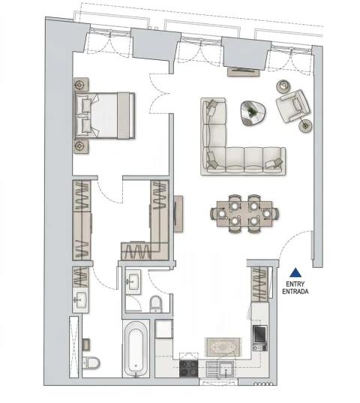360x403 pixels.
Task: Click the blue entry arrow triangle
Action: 297,273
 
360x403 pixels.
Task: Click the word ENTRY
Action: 296,284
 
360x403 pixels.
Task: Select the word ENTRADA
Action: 296,292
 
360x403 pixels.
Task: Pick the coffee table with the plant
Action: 252,113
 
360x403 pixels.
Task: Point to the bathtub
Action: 136,349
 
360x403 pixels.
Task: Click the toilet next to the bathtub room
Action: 156,303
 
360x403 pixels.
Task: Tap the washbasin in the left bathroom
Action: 81,301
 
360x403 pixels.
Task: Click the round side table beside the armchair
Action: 305,125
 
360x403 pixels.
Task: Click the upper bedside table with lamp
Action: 81,86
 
